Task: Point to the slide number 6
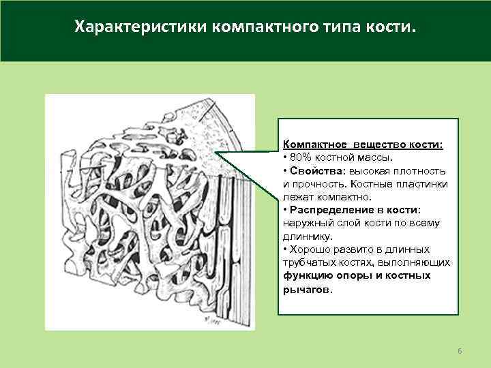click(460, 350)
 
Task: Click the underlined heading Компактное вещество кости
click(362, 145)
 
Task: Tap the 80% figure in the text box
click(299, 158)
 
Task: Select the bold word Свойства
click(314, 171)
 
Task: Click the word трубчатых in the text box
click(308, 262)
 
